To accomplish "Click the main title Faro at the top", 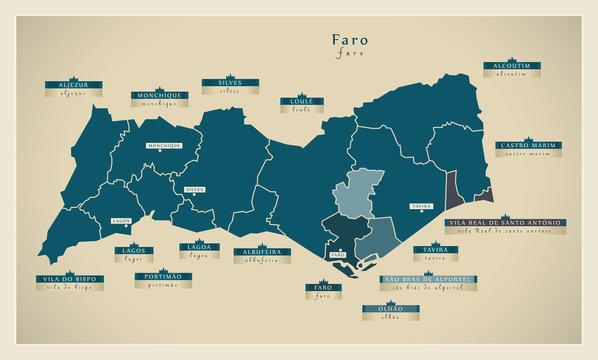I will pos(350,41).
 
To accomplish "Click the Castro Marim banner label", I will pos(528,146).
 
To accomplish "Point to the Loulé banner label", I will pos(302,102).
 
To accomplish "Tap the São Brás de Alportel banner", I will pos(428,279).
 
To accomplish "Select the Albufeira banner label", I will pos(262,251).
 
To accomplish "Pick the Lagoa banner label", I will pos(201,247).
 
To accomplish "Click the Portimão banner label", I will pos(162,275).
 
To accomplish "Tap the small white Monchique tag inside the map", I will pos(163,146).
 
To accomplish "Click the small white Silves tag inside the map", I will pos(194,189).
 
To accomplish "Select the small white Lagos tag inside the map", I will pos(121,219).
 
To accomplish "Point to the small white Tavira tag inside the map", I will pos(421,206).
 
